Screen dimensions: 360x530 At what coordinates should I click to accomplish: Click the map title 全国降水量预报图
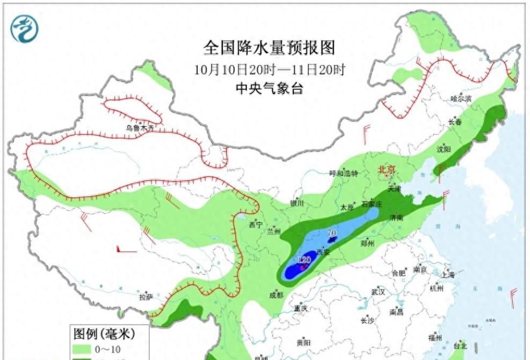(x=269, y=48)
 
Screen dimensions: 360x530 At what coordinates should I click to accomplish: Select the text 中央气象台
(x=269, y=89)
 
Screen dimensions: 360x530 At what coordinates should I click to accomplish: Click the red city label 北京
(x=387, y=170)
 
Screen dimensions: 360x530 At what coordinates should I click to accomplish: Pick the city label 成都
(x=276, y=295)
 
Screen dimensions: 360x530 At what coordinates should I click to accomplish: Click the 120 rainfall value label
(x=304, y=260)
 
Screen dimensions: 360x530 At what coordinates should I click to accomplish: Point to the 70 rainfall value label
(x=332, y=233)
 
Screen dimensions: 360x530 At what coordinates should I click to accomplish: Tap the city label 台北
(x=461, y=345)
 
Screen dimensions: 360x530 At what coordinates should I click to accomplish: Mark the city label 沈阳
(x=445, y=149)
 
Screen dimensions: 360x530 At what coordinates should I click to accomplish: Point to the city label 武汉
(x=378, y=292)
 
